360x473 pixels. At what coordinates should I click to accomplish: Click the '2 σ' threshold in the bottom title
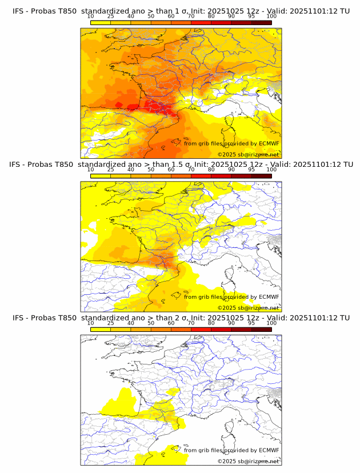click(182, 318)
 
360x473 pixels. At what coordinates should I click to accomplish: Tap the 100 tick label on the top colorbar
click(271, 17)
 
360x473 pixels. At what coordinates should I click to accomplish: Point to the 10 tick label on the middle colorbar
click(90, 170)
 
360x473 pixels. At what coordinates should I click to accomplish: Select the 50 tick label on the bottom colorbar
click(151, 323)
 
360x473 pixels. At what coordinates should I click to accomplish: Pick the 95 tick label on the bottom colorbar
click(251, 323)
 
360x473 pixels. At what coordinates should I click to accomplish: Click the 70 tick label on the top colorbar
click(191, 17)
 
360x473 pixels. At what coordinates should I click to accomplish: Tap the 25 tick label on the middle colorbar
click(110, 170)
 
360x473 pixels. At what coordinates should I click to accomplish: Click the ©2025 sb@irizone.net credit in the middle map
click(248, 307)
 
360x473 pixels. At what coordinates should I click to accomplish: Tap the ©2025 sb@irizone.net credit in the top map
click(248, 154)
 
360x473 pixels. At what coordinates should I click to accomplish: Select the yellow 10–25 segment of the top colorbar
click(101, 22)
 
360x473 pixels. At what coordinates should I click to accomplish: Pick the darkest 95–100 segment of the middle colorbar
click(262, 175)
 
